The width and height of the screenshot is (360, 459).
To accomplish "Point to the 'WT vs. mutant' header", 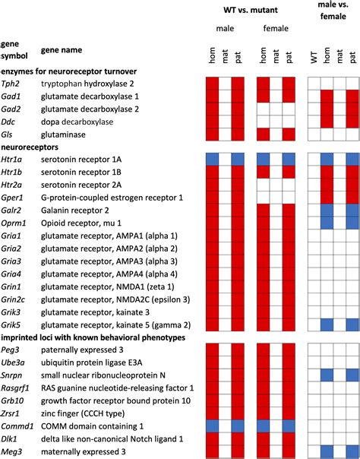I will click(248, 8).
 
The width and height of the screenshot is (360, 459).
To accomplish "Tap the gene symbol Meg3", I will click(11, 452).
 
